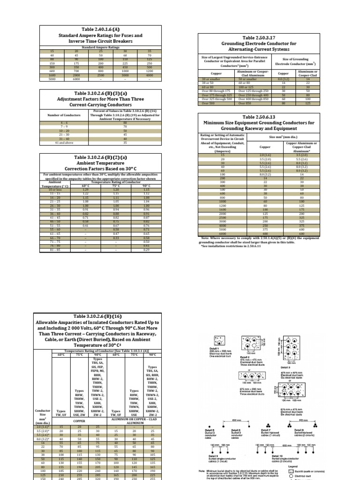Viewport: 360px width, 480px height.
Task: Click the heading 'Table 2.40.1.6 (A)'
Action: point(100,29)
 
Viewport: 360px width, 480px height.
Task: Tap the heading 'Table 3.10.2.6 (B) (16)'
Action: point(97,316)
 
